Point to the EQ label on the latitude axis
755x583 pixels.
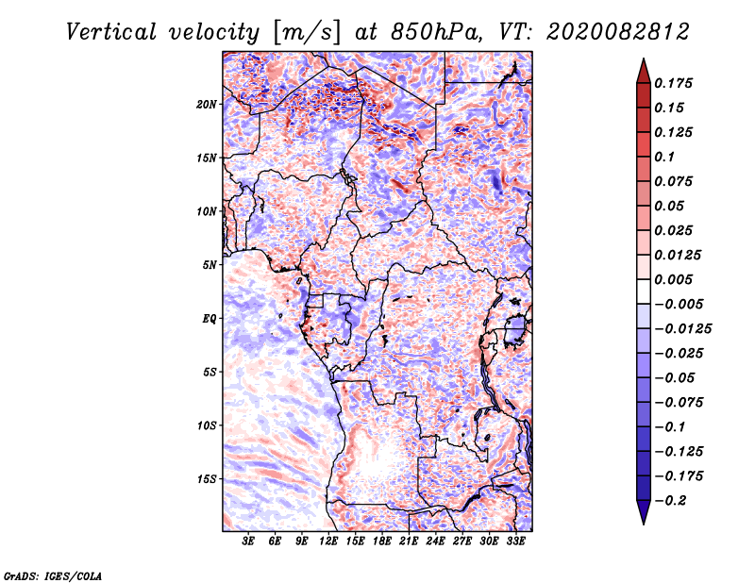click(210, 319)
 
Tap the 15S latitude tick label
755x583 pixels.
click(208, 479)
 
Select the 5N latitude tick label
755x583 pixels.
click(210, 265)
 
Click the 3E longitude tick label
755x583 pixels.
click(249, 542)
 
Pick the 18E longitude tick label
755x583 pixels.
click(383, 542)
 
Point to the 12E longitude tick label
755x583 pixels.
click(329, 542)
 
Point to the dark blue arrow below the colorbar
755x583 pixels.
click(642, 514)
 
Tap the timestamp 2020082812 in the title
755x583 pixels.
click(611, 32)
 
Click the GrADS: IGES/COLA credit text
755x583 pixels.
click(53, 574)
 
